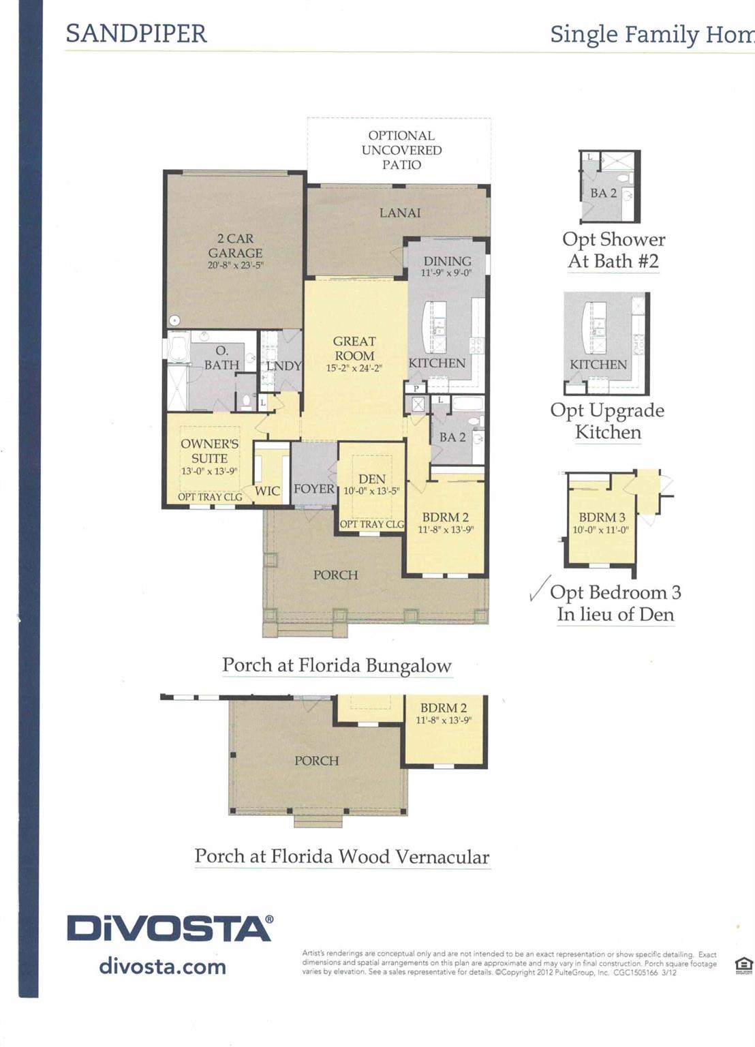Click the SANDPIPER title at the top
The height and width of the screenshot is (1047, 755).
point(136,33)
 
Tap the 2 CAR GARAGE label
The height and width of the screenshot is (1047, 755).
point(235,245)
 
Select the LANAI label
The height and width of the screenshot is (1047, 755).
point(400,213)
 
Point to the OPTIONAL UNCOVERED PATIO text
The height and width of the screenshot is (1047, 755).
point(401,150)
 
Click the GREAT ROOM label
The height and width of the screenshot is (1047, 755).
point(354,348)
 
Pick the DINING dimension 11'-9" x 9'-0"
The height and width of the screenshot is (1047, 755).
point(446,273)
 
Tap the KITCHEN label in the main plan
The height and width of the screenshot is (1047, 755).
point(437,363)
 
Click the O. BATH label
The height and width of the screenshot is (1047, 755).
point(221,358)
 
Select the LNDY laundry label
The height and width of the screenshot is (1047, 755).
point(284,366)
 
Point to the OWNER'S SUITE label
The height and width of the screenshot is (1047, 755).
point(209,451)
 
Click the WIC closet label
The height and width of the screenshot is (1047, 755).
point(267,491)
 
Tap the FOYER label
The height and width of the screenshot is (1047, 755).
point(314,489)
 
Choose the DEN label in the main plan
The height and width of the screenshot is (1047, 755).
point(372,479)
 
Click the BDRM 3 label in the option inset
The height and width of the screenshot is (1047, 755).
point(602,517)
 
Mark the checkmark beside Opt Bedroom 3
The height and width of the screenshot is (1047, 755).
point(540,588)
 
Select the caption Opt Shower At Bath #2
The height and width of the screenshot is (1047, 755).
point(613,250)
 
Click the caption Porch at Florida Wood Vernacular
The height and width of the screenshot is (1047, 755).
point(342,856)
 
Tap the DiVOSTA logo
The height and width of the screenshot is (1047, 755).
point(170,928)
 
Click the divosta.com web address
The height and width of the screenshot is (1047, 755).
point(162,966)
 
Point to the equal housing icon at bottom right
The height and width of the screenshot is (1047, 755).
point(743,965)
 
